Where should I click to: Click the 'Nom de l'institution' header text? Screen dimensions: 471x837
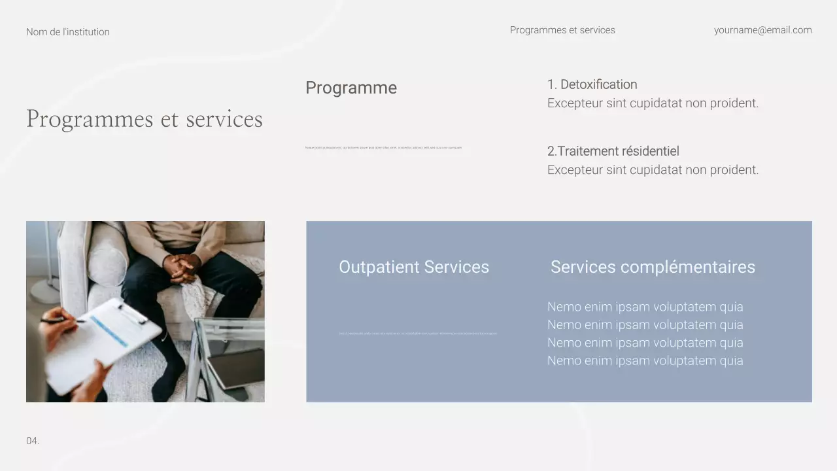click(x=68, y=32)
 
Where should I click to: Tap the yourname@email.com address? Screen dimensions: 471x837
click(x=762, y=30)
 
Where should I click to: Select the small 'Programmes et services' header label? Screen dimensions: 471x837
click(x=562, y=30)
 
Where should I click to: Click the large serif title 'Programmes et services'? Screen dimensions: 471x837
click(x=145, y=119)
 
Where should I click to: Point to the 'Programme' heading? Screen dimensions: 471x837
click(x=351, y=88)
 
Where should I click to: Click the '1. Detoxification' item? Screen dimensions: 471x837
click(x=592, y=84)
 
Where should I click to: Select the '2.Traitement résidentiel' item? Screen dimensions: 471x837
click(x=613, y=151)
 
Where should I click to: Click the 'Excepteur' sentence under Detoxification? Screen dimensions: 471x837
click(x=653, y=103)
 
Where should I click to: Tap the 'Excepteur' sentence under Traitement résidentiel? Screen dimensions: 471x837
click(x=653, y=170)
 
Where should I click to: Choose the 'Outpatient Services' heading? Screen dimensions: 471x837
click(x=414, y=267)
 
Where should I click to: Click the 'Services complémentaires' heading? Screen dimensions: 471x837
click(x=653, y=267)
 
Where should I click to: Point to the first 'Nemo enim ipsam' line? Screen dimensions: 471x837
click(x=645, y=307)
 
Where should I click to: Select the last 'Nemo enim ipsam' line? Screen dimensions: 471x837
click(x=645, y=360)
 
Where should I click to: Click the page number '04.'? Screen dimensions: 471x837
click(x=33, y=441)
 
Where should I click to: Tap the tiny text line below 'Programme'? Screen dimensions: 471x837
click(x=384, y=148)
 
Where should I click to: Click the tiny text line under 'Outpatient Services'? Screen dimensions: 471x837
click(x=417, y=334)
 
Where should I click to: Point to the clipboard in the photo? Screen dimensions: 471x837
click(x=105, y=343)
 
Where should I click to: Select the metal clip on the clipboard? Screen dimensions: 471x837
click(x=131, y=313)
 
